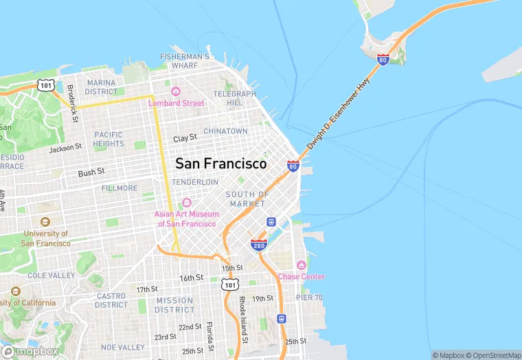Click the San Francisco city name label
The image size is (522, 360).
tap(221, 164)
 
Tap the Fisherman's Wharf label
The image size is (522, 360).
tap(185, 60)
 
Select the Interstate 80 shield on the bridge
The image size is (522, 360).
tap(383, 60)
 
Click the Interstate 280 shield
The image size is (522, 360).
tap(259, 244)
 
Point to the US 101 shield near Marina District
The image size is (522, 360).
tap(46, 85)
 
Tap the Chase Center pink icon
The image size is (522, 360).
tap(300, 265)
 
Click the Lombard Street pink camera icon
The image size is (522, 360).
tap(175, 91)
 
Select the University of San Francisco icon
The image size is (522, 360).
tap(45, 222)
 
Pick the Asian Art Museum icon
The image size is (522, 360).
tap(186, 203)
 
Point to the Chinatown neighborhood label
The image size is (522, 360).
tap(225, 131)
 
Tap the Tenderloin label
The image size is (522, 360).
tap(195, 182)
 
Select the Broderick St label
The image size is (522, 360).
tap(71, 100)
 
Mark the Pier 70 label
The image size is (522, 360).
tap(309, 297)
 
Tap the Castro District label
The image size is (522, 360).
tap(111, 300)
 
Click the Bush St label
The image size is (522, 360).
tap(91, 172)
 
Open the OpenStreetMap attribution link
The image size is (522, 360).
tap(492, 355)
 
